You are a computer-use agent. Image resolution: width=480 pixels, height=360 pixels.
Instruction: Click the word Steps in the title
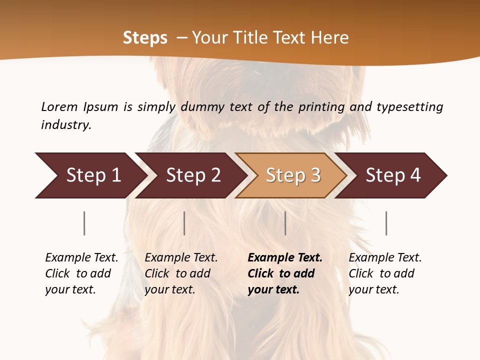(x=145, y=38)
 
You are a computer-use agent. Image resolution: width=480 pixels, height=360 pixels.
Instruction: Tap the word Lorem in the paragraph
(x=59, y=106)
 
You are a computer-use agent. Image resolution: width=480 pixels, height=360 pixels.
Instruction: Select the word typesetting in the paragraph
(x=409, y=106)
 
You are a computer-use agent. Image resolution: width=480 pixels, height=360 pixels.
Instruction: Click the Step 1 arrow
(x=90, y=175)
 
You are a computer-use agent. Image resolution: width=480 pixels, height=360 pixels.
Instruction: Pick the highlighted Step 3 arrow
(x=292, y=175)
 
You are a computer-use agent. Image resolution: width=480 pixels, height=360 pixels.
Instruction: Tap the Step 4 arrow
(x=393, y=175)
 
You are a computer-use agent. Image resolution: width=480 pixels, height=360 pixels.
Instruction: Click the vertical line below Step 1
(x=84, y=223)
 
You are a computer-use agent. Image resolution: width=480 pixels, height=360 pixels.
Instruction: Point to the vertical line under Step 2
(x=184, y=223)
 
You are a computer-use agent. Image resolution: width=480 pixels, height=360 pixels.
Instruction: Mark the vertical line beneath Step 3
(x=285, y=223)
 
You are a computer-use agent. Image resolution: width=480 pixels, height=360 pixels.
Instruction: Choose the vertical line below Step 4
(x=386, y=223)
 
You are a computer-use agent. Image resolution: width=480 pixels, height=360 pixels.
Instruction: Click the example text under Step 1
(x=81, y=273)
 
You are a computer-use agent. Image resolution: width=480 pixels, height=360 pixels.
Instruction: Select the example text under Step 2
(x=181, y=273)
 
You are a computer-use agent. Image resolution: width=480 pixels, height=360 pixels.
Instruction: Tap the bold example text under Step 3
(x=284, y=273)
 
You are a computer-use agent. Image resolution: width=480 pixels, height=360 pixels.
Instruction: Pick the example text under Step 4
(x=385, y=273)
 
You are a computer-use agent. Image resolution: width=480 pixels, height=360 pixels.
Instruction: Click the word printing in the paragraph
(x=322, y=106)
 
